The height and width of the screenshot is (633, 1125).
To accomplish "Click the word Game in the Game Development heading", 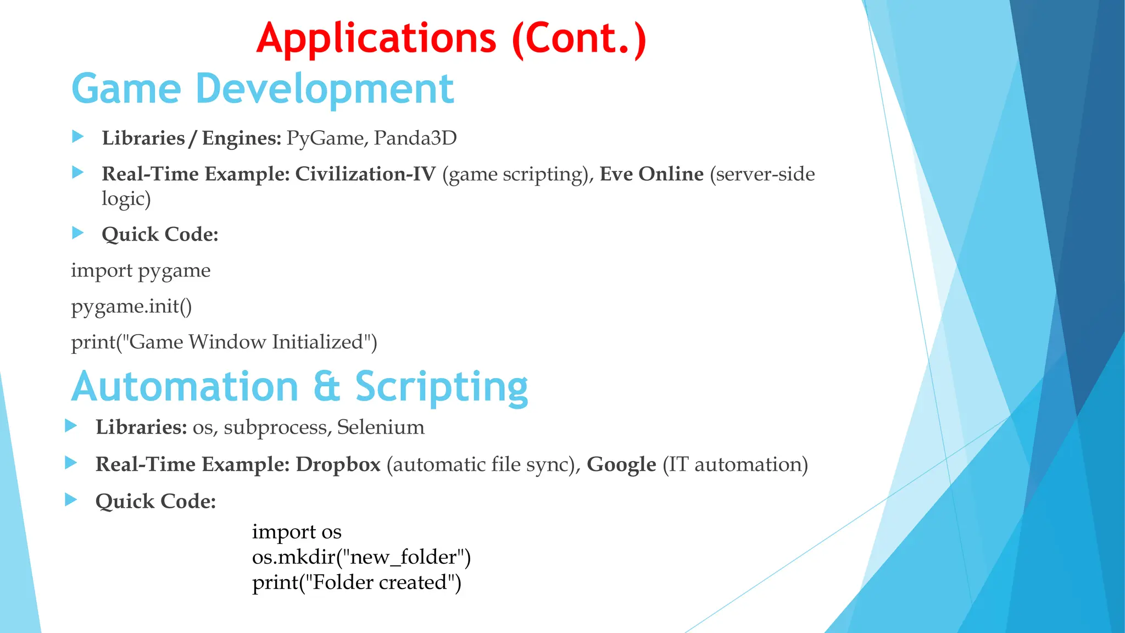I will (126, 89).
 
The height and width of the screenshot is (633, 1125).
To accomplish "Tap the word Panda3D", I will (415, 138).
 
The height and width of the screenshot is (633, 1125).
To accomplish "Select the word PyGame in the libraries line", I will (325, 138).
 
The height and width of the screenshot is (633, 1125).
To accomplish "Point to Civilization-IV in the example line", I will (365, 174).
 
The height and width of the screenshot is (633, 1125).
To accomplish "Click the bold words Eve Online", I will (651, 174).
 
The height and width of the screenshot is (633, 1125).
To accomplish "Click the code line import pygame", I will (141, 271).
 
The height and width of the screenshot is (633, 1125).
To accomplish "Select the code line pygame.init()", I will (131, 306).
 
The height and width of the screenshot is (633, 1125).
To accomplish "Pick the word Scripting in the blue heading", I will (441, 387).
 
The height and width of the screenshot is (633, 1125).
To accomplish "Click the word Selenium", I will (381, 427).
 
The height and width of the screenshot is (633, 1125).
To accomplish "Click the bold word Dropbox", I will (338, 465).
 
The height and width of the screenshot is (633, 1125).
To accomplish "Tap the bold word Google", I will (621, 465).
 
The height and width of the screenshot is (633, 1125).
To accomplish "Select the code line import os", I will (297, 532).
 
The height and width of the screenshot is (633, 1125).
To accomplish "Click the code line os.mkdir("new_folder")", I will (361, 557).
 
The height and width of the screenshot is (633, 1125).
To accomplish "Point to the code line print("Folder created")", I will (356, 582).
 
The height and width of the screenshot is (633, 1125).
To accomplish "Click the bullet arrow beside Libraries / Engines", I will (78, 136).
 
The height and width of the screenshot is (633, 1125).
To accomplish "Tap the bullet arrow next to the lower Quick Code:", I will (71, 499).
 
